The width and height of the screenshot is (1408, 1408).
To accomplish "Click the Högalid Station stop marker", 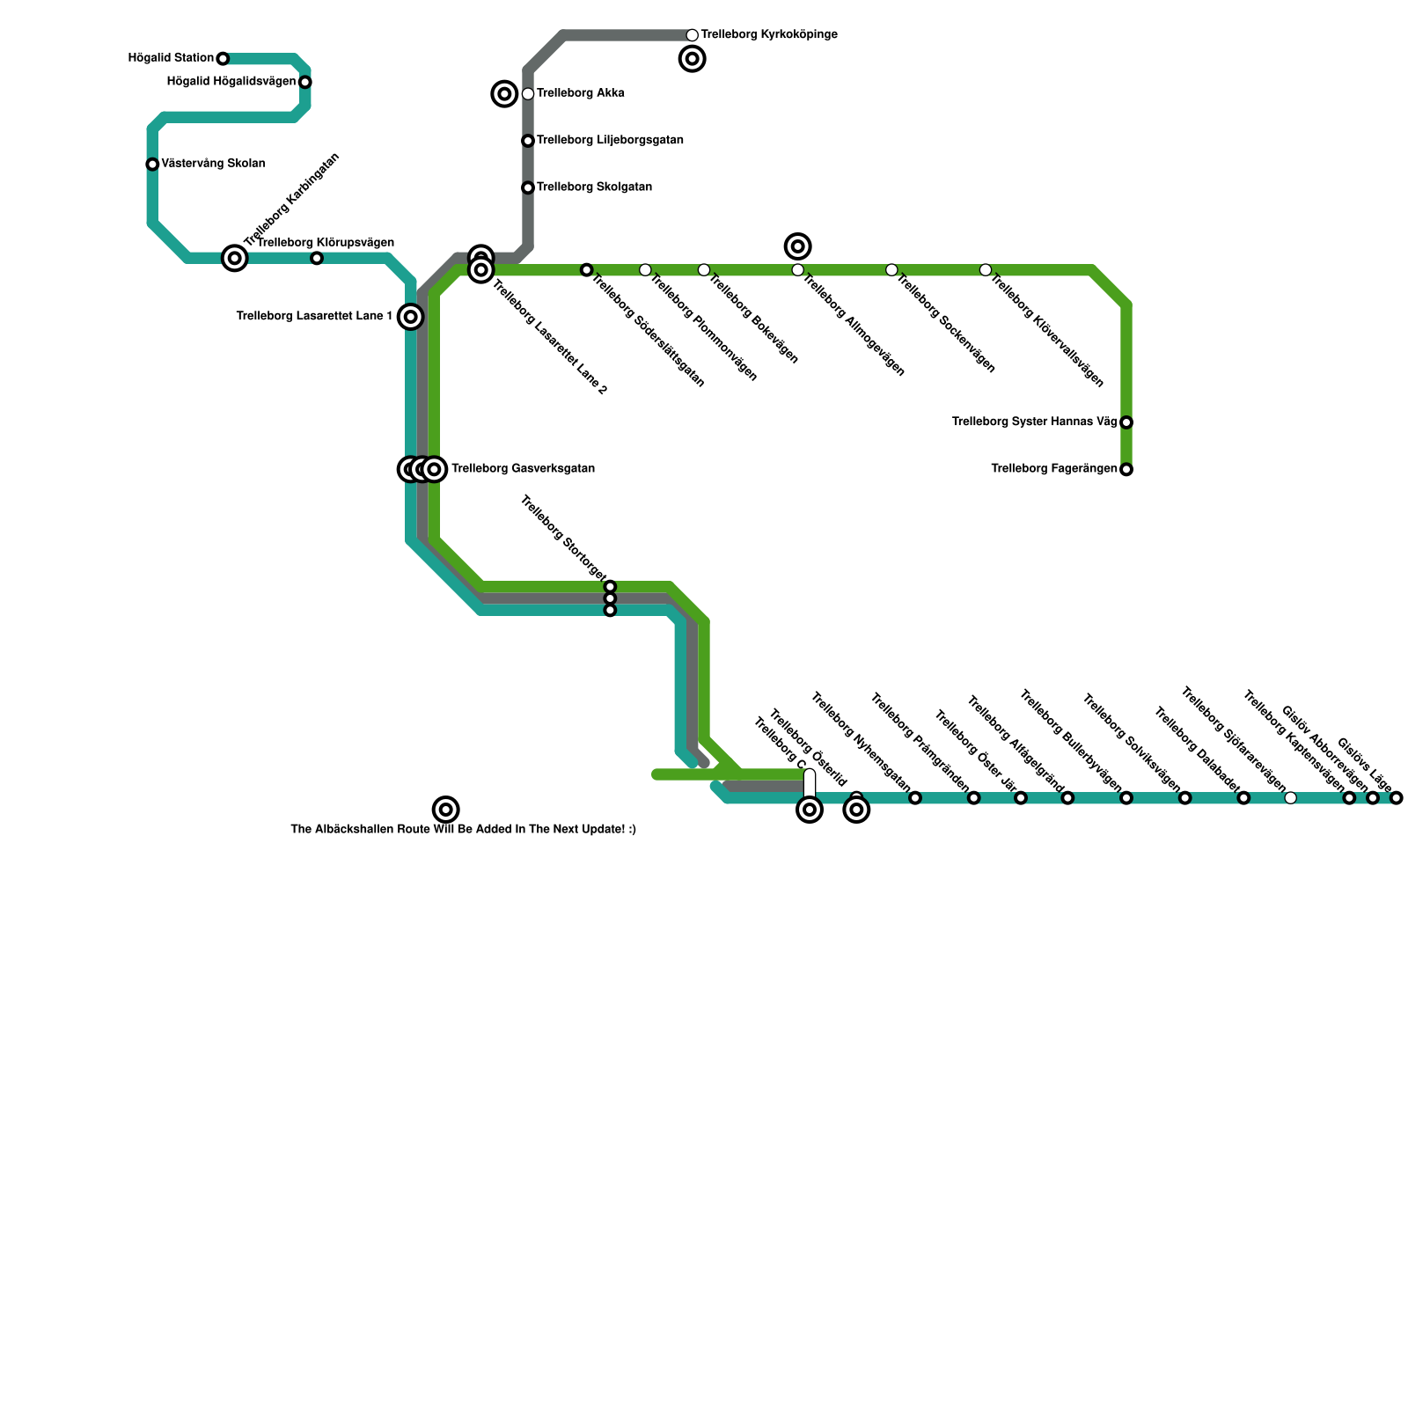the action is (223, 59).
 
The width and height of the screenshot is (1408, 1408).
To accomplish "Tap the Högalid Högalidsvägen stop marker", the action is (304, 83).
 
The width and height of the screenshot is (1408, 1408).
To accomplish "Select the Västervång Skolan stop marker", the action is (152, 165).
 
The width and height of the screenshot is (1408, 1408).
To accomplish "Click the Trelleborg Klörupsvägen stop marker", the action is (317, 259).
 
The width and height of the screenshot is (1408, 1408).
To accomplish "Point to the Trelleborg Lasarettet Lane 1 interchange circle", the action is (410, 317).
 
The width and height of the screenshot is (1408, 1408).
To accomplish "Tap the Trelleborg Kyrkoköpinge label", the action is (769, 35).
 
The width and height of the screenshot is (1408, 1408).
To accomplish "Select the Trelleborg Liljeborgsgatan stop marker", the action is (528, 141).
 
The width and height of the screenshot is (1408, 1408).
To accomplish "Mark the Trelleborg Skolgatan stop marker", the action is (528, 188).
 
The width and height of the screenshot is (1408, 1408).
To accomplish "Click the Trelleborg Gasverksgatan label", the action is (523, 469).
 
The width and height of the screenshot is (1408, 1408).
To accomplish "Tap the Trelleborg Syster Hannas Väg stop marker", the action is (1126, 422).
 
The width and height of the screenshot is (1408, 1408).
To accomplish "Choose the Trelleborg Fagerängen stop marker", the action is (1126, 470).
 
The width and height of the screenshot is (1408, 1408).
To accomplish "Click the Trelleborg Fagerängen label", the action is (1053, 469).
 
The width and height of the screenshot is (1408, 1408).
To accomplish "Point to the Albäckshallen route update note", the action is (463, 830).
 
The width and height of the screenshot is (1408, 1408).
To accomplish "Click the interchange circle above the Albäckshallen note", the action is (446, 809).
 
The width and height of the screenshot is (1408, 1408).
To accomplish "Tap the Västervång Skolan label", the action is (213, 164).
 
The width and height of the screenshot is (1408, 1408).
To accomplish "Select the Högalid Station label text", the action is (171, 58).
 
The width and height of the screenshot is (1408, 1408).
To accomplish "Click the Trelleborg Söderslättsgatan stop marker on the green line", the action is (587, 270).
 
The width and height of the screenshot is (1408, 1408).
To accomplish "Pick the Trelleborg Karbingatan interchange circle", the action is (234, 259).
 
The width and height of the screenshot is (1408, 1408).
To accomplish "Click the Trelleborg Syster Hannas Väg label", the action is (1034, 422).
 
